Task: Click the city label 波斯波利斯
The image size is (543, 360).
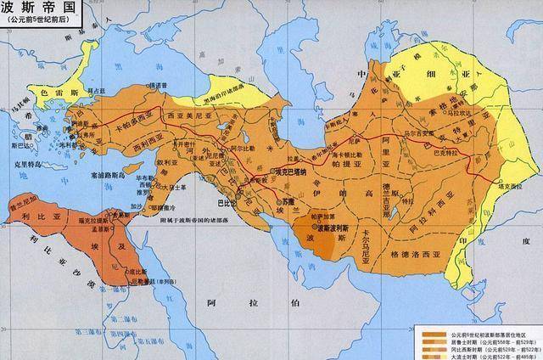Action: click(336, 228)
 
